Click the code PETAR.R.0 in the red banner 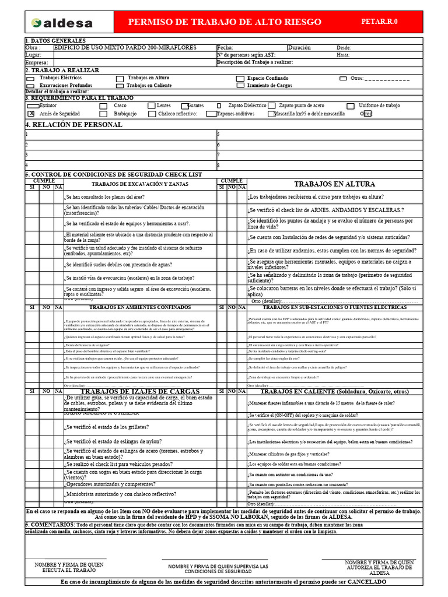pyautogui.click(x=379, y=22)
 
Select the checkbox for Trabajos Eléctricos pyautogui.click(x=30, y=78)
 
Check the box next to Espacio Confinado pyautogui.click(x=240, y=78)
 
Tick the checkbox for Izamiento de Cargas pyautogui.click(x=240, y=86)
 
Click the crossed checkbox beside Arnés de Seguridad pyautogui.click(x=31, y=114)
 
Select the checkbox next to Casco pyautogui.click(x=103, y=106)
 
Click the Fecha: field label pyautogui.click(x=225, y=48)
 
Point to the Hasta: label pyautogui.click(x=343, y=55)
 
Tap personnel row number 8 pyautogui.click(x=219, y=166)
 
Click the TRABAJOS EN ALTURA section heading pyautogui.click(x=334, y=184)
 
